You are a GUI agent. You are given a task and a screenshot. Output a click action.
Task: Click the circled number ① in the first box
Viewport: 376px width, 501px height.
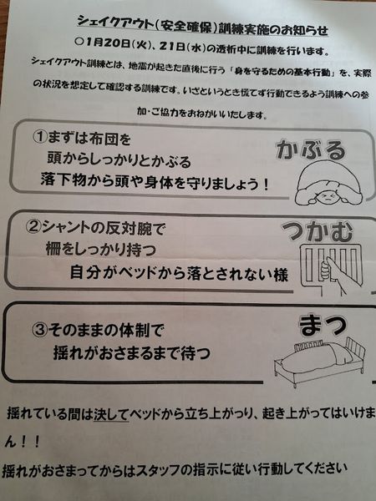(x=40, y=137)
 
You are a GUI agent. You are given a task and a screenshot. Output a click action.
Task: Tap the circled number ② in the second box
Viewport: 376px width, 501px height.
(x=33, y=226)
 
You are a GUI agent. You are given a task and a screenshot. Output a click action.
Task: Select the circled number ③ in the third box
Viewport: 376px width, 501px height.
(x=39, y=329)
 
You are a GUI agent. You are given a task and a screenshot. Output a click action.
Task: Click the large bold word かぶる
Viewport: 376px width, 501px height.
(x=311, y=149)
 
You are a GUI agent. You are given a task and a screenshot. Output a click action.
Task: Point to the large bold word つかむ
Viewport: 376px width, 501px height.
(x=318, y=231)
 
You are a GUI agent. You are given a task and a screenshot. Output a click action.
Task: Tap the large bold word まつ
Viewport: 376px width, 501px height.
(x=323, y=326)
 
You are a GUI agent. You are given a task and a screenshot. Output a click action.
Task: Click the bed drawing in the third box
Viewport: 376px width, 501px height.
(x=320, y=361)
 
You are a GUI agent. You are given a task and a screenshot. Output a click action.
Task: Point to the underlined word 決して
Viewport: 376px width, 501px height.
(x=111, y=414)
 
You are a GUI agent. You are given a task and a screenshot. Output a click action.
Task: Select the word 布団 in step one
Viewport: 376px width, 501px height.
(x=104, y=139)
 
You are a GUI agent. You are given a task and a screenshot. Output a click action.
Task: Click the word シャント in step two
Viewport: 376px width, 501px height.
(x=65, y=227)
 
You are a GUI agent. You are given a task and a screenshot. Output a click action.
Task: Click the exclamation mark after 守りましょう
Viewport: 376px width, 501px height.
(x=265, y=185)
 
